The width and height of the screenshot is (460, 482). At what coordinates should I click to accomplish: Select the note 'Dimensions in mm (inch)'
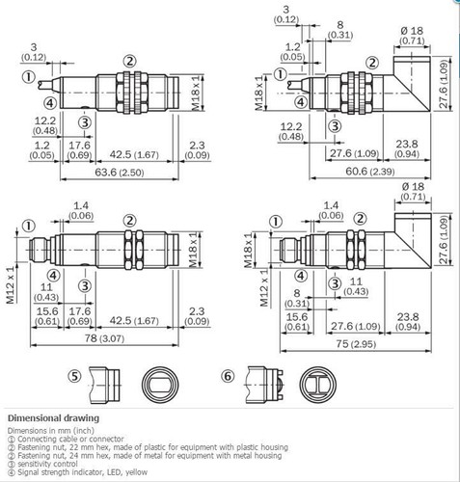(49, 431)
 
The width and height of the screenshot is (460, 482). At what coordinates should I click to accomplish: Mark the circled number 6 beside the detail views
(228, 376)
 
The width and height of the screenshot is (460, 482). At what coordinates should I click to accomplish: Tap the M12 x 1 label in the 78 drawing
(11, 286)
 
